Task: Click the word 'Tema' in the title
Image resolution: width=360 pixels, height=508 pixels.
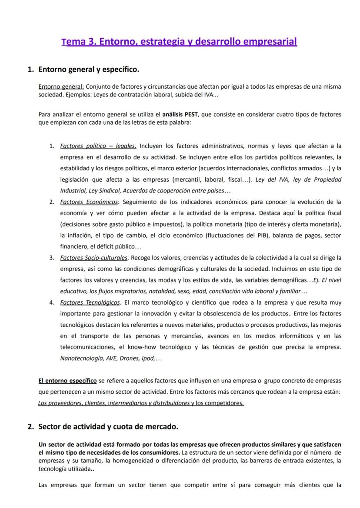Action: (73, 42)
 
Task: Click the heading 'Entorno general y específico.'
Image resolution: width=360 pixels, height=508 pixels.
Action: (89, 69)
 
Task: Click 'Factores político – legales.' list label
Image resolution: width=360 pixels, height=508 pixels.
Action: (98, 146)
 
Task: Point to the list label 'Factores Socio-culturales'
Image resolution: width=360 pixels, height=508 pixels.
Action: (94, 258)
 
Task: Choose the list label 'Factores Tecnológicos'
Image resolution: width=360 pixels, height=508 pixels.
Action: (90, 302)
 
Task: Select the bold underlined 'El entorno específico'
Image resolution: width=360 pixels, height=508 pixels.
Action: (67, 381)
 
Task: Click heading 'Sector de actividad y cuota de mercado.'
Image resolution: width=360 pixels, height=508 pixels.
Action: (108, 426)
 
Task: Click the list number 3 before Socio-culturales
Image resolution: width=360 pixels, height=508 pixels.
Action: (51, 258)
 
